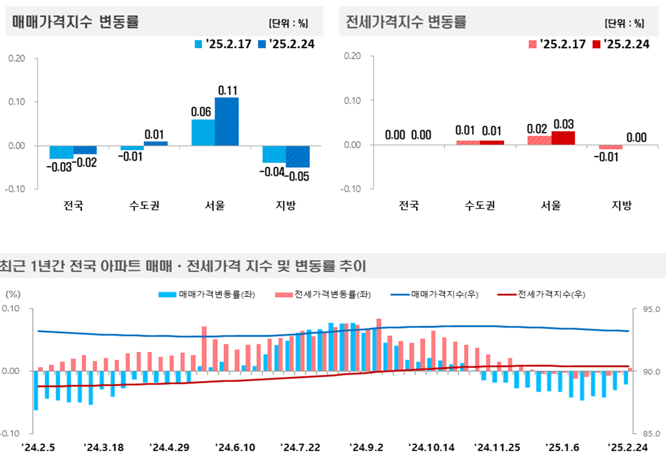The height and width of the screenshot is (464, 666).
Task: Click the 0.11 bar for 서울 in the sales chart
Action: click(227, 121)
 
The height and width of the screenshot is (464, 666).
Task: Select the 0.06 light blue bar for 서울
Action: click(203, 132)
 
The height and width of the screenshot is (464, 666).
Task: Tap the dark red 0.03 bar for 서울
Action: click(563, 138)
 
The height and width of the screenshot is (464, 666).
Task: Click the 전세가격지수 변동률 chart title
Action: click(406, 22)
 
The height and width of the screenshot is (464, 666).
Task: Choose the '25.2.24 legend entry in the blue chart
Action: click(287, 44)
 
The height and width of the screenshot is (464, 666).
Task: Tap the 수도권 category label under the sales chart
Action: click(144, 205)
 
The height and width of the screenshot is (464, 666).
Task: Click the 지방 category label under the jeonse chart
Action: click(622, 205)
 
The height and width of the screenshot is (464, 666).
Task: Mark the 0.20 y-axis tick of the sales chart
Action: click(18, 58)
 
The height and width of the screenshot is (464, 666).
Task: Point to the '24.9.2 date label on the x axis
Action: click(366, 448)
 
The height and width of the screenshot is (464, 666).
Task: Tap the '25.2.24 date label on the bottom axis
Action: click(628, 448)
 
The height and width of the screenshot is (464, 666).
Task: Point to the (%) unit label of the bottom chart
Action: click(12, 294)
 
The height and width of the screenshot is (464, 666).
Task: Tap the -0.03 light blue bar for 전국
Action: click(61, 152)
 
